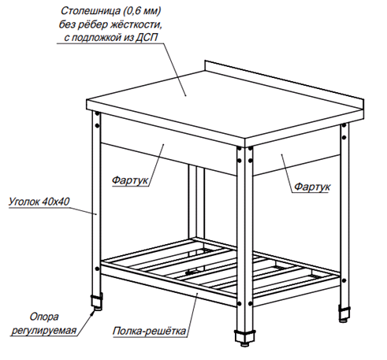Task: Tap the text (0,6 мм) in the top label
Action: point(143,11)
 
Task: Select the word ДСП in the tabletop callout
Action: point(147,38)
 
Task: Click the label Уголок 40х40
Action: point(39,202)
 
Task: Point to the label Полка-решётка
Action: point(149,331)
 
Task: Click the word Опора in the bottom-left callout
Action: point(44,317)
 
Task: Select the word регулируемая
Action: point(43,330)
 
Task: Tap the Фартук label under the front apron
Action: point(130,180)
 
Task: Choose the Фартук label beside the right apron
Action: point(312,187)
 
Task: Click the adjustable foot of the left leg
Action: point(97,302)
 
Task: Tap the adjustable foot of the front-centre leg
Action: point(244,339)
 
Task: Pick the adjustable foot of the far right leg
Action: point(344,314)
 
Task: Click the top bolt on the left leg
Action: point(97,114)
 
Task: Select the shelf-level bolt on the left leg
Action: point(97,269)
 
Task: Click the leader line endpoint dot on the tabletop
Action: point(186,96)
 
